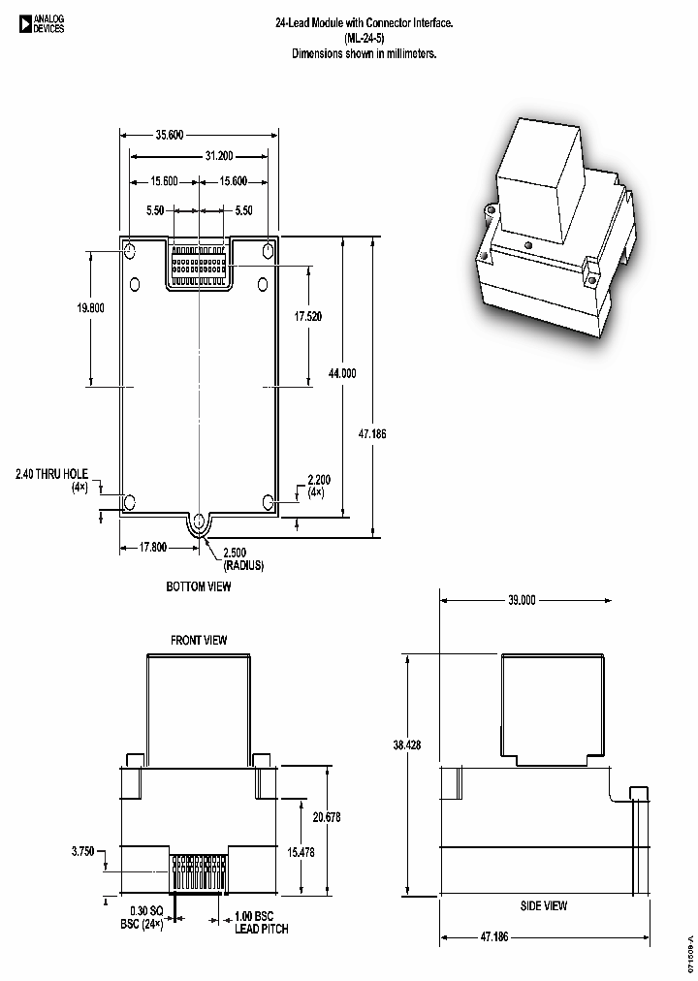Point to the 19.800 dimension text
pos(90,307)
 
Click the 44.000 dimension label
pos(342,373)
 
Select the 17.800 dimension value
pos(153,547)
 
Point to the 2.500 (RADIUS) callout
pos(242,558)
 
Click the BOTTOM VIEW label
pos(199,586)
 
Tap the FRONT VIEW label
pos(199,640)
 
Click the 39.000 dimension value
pos(521,600)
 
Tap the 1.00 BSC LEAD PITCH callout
pos(261,922)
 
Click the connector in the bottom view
pos(199,264)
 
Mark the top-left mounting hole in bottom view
pos(130,252)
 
